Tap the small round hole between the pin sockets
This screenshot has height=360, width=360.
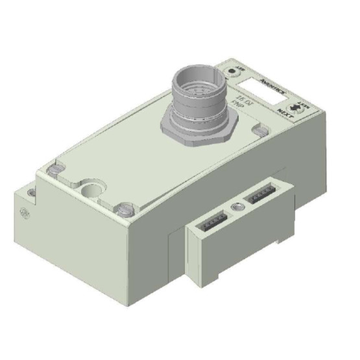pos(239,206)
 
